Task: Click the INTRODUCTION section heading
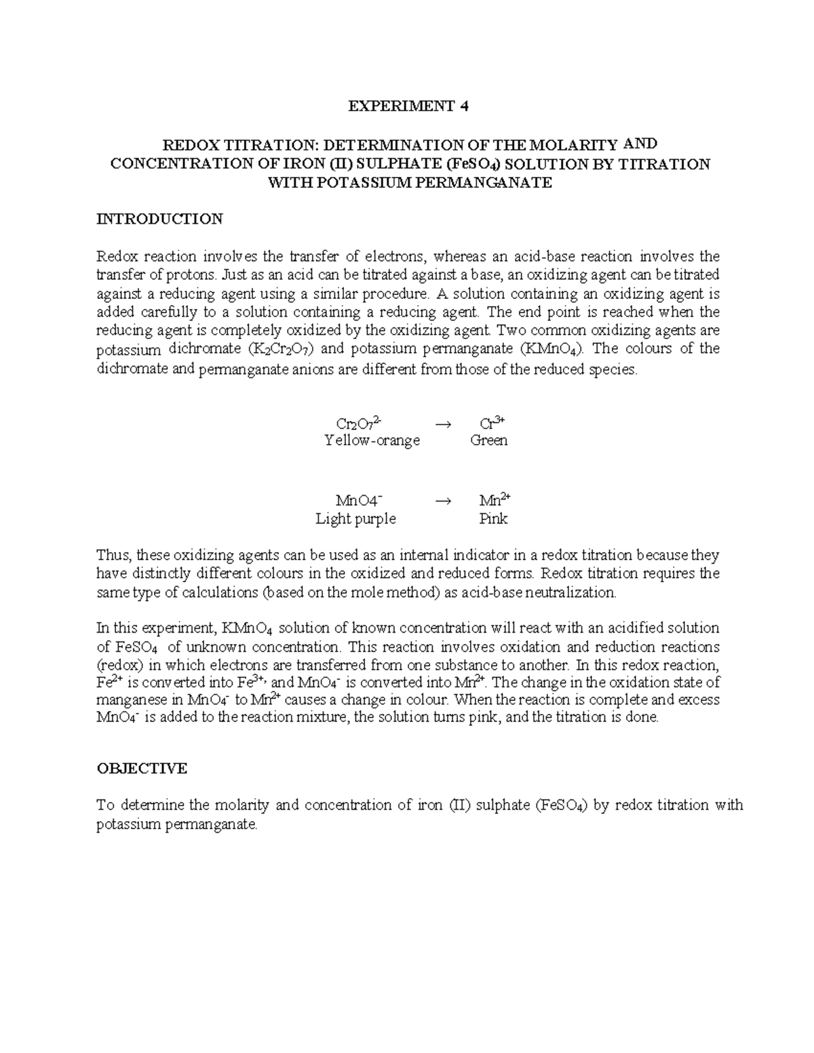159,219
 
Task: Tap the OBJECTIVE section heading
142,768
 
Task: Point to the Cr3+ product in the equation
492,423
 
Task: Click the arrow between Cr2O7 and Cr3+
442,424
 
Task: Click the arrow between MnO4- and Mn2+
442,501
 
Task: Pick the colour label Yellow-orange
372,441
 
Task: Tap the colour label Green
488,441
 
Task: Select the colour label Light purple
355,519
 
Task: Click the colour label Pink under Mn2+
493,519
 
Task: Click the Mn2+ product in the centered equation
495,500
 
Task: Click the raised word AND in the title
640,143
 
